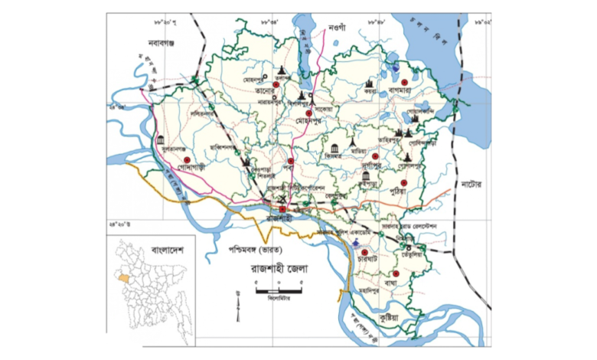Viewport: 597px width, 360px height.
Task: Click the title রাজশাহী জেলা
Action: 262,270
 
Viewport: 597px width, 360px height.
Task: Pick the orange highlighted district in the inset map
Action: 125,273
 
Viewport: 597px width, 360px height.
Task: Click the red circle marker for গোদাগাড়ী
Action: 186,159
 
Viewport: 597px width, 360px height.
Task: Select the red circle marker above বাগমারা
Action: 414,78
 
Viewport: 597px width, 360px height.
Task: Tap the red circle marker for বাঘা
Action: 397,273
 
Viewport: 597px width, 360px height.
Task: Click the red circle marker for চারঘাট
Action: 365,253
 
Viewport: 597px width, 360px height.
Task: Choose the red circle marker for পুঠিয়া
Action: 414,182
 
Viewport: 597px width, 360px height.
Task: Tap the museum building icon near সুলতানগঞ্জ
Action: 160,139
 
